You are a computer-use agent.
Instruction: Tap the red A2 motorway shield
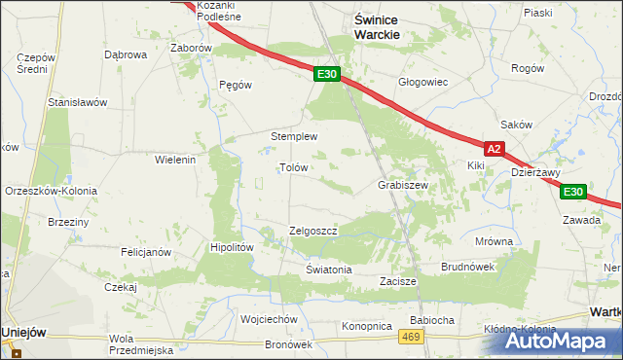[495, 149]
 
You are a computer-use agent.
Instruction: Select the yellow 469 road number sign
[410, 336]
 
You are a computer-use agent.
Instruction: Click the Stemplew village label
[294, 136]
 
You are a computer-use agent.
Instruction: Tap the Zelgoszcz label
[313, 231]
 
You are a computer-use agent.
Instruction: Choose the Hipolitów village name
[233, 247]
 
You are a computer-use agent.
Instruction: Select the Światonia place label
[328, 270]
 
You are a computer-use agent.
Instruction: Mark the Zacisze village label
[398, 281]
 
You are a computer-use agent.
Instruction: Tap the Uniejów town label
[24, 332]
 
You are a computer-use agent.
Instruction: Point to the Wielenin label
[176, 159]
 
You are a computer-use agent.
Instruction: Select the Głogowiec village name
[422, 82]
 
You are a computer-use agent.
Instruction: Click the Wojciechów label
[268, 319]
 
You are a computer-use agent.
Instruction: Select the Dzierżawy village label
[535, 172]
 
